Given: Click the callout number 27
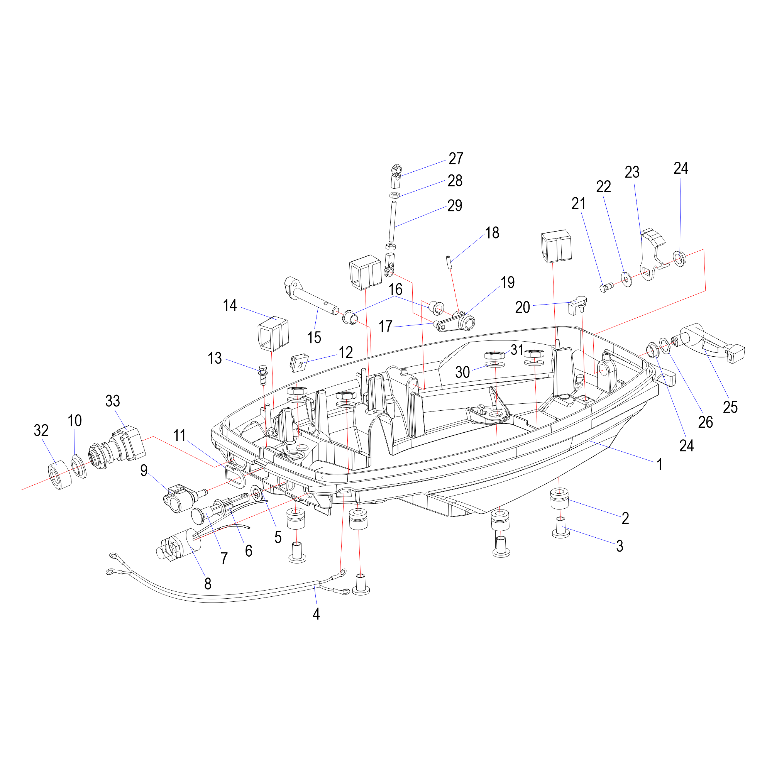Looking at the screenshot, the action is click(x=455, y=159).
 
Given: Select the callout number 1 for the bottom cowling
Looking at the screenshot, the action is click(x=660, y=465).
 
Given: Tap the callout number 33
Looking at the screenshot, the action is click(x=113, y=401).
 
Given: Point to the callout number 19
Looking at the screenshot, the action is click(x=508, y=283).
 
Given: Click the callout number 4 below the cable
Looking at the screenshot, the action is click(x=316, y=614).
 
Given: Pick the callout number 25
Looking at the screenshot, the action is click(x=730, y=407).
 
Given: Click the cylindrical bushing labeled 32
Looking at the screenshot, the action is click(x=60, y=475).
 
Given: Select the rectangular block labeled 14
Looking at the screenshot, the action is click(x=273, y=333).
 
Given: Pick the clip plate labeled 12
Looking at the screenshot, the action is click(x=299, y=362).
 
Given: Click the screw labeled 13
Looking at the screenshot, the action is click(x=263, y=375).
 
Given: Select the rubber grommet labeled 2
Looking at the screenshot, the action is click(x=559, y=498).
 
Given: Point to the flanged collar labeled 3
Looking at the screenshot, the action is click(x=561, y=527).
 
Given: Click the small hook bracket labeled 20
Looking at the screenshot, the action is click(x=577, y=305).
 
